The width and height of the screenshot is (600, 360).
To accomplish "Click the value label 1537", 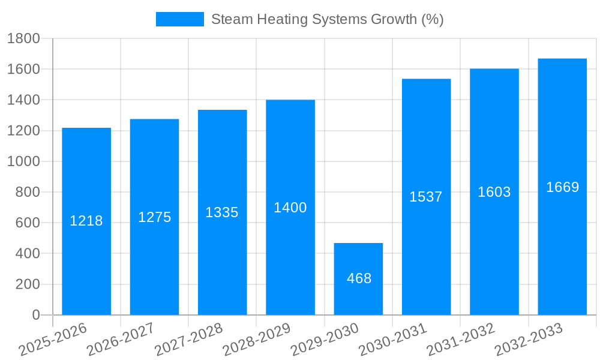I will point(426,196).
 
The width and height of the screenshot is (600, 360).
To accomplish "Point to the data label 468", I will point(359,278).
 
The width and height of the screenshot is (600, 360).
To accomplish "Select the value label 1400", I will point(290,208).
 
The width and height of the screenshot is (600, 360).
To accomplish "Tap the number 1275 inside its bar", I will point(155,217).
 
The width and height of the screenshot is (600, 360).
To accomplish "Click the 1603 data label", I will point(494,192).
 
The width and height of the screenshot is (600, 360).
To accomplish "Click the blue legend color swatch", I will point(179,19).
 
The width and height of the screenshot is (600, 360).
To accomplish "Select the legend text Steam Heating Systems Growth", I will point(327,19).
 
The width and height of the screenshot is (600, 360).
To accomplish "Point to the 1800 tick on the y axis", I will point(23,39).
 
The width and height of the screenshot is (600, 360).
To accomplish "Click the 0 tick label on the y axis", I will point(35,315).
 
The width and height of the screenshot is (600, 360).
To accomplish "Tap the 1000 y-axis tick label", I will point(23,161).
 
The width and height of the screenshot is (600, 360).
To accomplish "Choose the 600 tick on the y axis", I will point(28,223).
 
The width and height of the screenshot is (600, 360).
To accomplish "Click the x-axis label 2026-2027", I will point(121,339).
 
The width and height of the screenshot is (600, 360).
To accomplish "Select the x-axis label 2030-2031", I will point(393,339).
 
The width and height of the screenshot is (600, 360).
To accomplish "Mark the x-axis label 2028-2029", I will point(257,339).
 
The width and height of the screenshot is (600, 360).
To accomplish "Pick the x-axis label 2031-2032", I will point(461,339).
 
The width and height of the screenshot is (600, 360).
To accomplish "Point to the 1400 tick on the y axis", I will point(23,100).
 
